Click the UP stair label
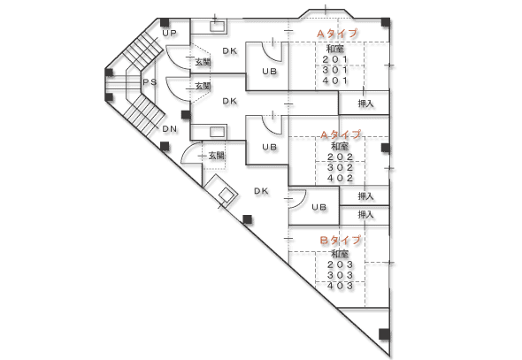click(170, 33)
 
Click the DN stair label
click(170, 129)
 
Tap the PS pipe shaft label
click(150, 82)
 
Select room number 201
click(335, 59)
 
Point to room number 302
click(341, 167)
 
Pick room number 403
click(341, 286)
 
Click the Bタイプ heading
click(341, 240)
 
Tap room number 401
click(335, 80)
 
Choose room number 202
click(341, 157)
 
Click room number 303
click(341, 275)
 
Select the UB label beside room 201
click(269, 71)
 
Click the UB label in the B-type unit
click(319, 207)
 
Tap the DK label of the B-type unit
click(261, 191)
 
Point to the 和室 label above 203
click(340, 254)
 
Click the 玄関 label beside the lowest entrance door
click(217, 156)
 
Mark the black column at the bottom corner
click(384, 334)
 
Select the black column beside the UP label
click(165, 23)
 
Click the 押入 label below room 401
click(365, 103)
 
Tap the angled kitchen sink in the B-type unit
click(222, 191)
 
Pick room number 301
click(335, 70)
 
